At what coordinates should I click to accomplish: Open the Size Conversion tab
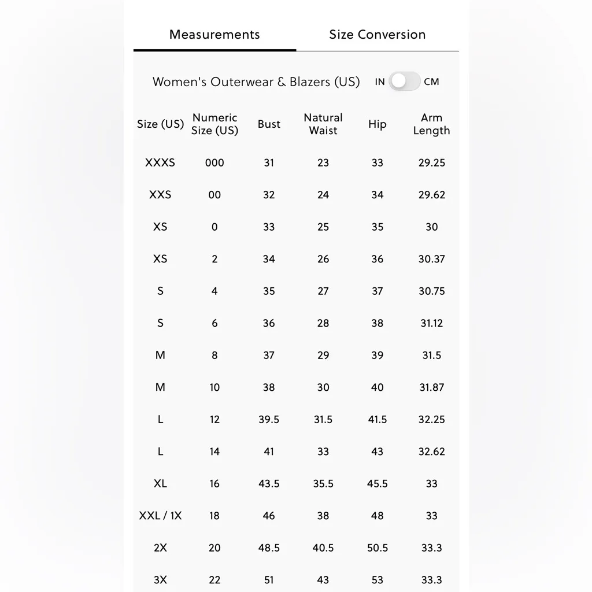click(x=377, y=35)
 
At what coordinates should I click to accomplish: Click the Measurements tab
click(x=214, y=35)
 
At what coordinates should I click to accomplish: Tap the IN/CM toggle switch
click(x=404, y=82)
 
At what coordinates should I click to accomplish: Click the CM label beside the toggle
click(x=431, y=82)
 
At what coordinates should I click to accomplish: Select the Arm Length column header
click(x=431, y=124)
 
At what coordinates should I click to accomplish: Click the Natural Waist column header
click(x=323, y=124)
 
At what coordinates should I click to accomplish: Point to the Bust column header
click(x=269, y=124)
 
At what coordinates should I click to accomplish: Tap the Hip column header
click(x=377, y=124)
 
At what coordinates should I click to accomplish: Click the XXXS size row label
click(x=160, y=163)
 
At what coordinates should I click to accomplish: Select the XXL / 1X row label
click(x=160, y=516)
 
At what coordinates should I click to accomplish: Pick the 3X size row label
click(x=160, y=580)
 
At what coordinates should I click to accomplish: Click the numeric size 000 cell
click(x=214, y=163)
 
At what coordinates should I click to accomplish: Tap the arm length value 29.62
click(x=432, y=195)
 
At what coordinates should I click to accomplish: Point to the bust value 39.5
click(x=269, y=420)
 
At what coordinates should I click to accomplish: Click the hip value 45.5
click(x=378, y=484)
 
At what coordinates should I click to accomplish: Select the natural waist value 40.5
click(x=323, y=548)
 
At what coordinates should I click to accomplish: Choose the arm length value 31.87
click(x=432, y=387)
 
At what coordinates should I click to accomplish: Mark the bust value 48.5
click(x=269, y=548)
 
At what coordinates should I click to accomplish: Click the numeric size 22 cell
click(x=214, y=580)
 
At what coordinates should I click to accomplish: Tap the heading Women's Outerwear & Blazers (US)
click(x=256, y=82)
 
